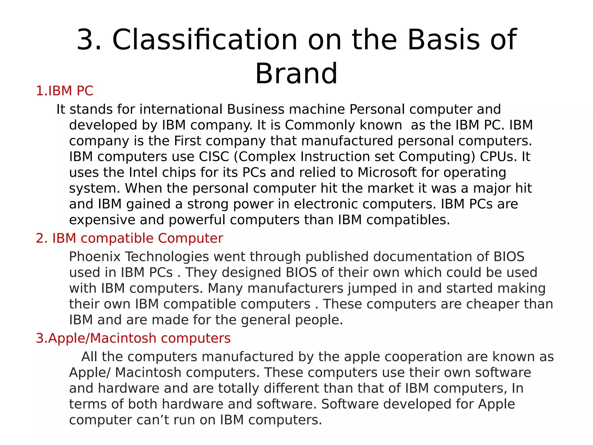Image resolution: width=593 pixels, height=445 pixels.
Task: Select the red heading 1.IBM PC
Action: (x=64, y=91)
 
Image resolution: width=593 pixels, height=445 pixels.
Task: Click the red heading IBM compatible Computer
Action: (x=129, y=238)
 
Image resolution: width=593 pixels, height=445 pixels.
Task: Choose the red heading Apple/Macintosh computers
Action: (x=133, y=338)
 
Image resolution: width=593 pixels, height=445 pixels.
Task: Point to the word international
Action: (x=181, y=109)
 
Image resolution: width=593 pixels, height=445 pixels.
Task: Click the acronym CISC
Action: (x=214, y=156)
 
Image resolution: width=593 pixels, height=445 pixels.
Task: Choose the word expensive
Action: (x=102, y=220)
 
